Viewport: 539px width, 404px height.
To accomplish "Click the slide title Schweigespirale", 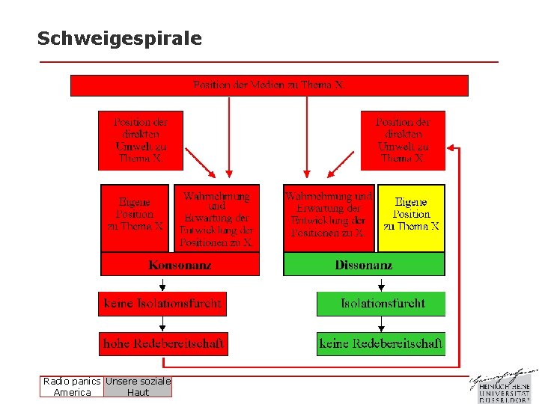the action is (120, 39).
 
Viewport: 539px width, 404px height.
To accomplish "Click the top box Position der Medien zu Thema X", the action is (269, 85).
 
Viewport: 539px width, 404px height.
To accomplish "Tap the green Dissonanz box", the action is (364, 265).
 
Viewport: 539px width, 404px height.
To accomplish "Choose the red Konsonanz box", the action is (180, 265).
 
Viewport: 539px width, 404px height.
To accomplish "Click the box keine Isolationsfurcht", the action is (162, 304).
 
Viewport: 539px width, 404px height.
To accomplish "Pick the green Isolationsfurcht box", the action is (382, 304).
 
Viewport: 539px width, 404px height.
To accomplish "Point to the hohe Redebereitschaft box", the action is (163, 344).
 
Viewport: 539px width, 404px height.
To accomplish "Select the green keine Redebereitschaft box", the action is (381, 344).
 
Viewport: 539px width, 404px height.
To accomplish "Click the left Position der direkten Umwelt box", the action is (141, 140).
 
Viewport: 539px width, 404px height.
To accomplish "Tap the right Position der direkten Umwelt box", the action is (403, 140).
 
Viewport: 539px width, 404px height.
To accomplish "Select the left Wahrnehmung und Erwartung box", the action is (217, 218).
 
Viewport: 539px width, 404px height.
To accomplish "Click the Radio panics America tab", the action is (72, 387).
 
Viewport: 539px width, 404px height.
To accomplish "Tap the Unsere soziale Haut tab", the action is (138, 387).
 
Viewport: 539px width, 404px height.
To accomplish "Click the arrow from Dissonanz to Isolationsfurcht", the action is (382, 284).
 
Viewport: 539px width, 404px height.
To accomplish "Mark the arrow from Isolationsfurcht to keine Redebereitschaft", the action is (382, 324).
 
